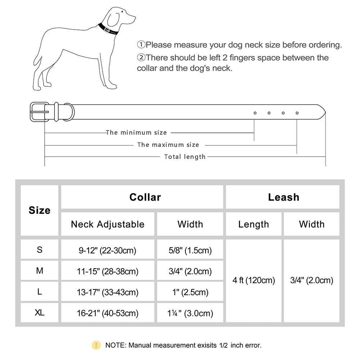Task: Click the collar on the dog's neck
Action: click(108, 29)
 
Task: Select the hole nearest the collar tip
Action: click(297, 113)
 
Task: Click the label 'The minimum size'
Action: click(136, 133)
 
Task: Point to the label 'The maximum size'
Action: click(168, 145)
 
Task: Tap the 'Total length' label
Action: click(185, 157)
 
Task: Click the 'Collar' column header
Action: click(145, 197)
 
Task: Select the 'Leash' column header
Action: click(283, 197)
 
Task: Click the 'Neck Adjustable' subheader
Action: click(108, 224)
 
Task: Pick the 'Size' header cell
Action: click(40, 210)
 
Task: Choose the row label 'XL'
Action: click(40, 313)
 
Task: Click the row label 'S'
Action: click(40, 250)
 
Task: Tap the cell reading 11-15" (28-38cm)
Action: click(108, 271)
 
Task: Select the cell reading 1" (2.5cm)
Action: click(190, 292)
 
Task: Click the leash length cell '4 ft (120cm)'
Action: click(254, 280)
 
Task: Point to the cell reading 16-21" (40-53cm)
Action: click(108, 313)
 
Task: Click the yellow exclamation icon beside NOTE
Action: click(96, 345)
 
